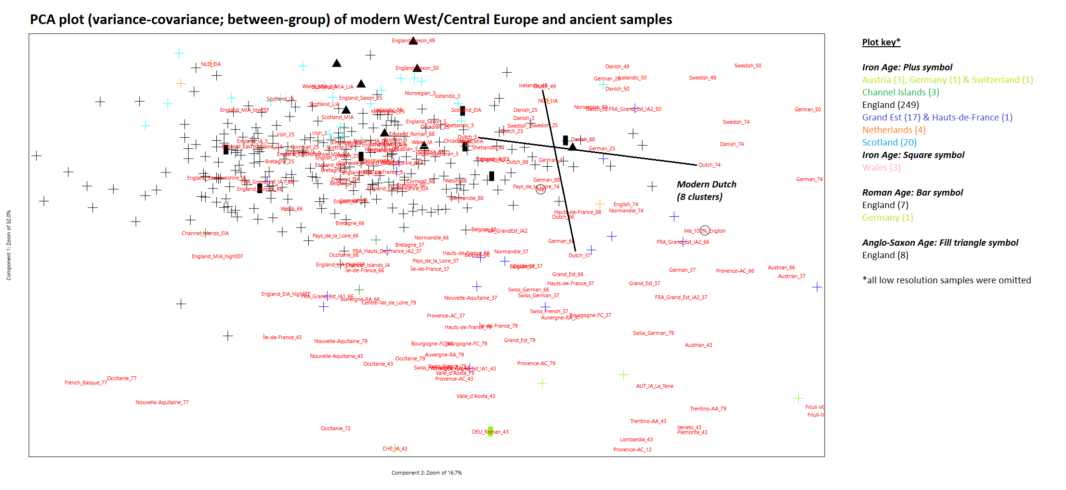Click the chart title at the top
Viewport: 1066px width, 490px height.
351,19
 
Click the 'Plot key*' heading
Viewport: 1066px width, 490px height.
881,42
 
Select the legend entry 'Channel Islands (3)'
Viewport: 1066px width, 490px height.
900,92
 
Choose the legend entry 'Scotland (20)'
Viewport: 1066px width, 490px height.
889,142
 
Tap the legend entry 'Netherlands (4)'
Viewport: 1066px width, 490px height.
894,130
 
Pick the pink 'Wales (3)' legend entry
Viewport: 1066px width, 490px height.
881,167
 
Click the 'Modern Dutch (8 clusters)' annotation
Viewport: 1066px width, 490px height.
706,190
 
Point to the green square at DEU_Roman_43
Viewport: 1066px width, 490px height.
490,431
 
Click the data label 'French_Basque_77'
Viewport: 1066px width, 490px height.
86,383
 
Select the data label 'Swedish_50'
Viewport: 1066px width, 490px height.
748,66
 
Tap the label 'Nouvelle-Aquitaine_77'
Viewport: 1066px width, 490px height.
162,402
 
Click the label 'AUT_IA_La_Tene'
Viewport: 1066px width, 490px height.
655,386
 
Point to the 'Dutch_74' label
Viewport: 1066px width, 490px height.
710,165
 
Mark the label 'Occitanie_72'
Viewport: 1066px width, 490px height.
336,428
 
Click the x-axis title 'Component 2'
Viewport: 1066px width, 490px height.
426,473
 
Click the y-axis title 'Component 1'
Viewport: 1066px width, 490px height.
8,245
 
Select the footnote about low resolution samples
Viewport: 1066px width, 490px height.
947,280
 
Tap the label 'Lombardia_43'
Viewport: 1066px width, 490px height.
636,439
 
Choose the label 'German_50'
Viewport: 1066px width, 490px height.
807,109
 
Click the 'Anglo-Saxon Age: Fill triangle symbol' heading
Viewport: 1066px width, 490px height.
940,242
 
